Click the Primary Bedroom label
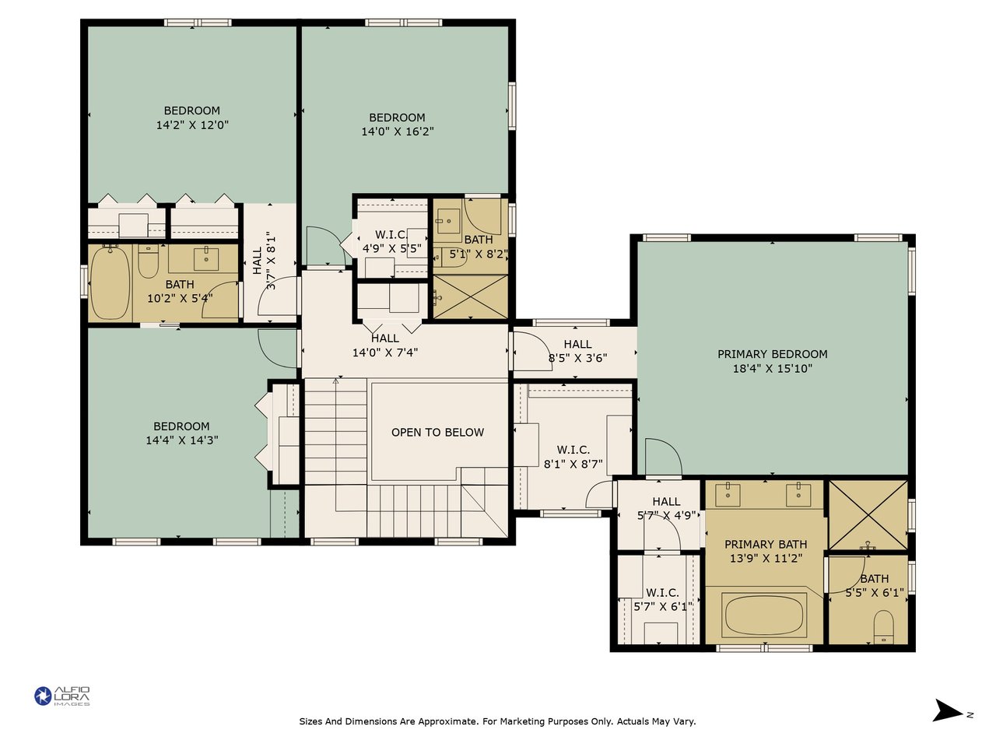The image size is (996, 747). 772,354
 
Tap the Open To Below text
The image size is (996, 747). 437,432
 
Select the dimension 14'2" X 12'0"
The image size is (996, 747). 192,125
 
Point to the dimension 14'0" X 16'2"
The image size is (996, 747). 397,132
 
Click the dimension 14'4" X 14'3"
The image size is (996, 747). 182,440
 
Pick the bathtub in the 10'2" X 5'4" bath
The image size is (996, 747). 110,283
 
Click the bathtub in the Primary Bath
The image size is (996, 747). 764,615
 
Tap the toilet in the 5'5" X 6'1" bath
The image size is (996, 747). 883,626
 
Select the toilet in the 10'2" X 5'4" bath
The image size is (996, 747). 148,261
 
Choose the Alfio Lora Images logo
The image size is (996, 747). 62,696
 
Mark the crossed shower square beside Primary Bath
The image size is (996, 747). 868,515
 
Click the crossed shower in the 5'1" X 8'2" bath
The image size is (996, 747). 471,296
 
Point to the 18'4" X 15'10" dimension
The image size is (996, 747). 772,368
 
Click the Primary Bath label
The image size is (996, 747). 766,544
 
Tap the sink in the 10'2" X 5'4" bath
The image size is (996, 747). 206,259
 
